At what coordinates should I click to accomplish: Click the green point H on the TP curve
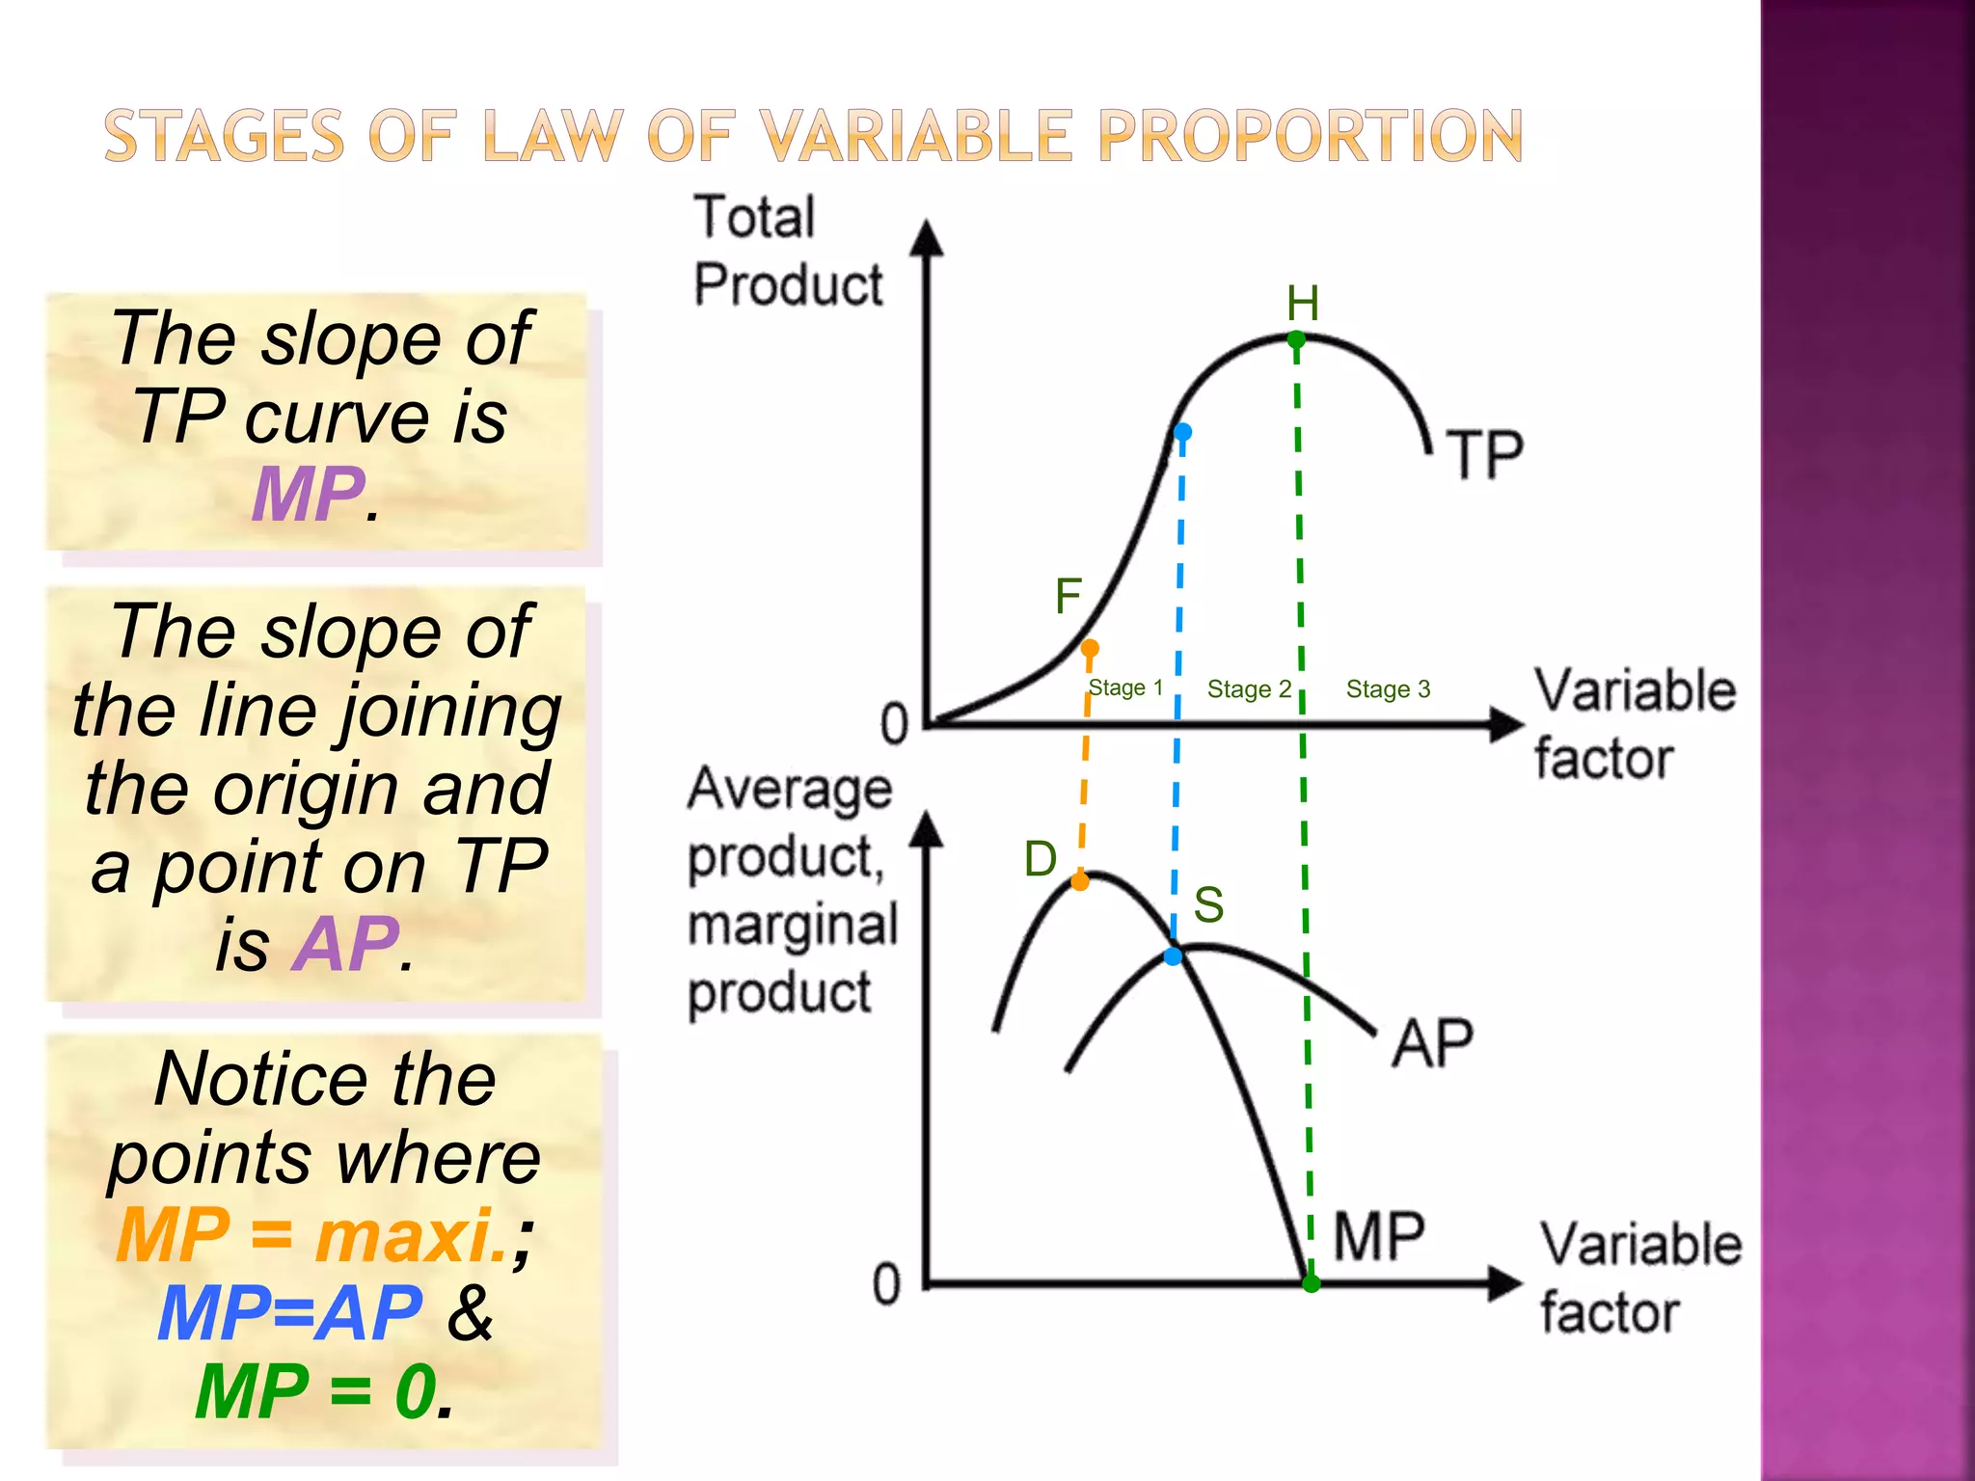[1296, 339]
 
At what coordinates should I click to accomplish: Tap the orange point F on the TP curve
[1090, 648]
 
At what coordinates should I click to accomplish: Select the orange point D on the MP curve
[1080, 881]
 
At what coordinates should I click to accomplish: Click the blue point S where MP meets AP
[1173, 956]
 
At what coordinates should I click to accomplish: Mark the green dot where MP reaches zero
[1312, 1283]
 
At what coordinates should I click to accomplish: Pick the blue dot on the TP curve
[1182, 432]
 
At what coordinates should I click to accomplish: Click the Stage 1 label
[1125, 688]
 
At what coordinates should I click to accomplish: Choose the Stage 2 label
[1249, 689]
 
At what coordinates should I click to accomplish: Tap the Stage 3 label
[1388, 689]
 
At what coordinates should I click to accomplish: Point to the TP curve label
[1485, 455]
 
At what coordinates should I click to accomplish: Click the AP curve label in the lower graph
[1432, 1043]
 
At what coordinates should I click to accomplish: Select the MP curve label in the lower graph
[1379, 1236]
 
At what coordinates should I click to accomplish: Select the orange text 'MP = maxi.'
[313, 1236]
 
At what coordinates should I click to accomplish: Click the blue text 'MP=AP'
[289, 1313]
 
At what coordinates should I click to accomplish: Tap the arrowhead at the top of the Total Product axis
[927, 237]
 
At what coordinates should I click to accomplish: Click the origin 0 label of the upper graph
[894, 723]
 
